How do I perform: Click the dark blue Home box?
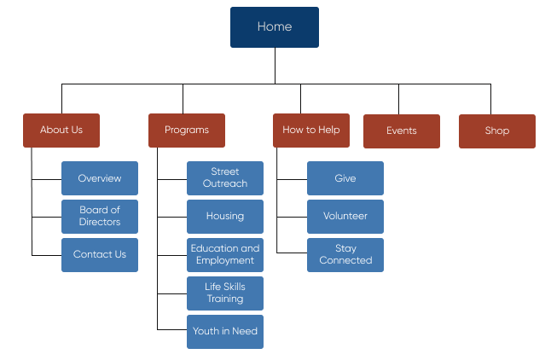(x=275, y=27)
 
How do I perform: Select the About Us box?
(x=61, y=131)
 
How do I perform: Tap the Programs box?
(x=187, y=131)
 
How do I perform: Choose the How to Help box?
(x=311, y=131)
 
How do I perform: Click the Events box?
(x=402, y=131)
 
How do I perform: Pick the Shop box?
(x=497, y=131)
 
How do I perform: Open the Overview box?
(x=100, y=178)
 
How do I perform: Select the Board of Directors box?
(x=100, y=217)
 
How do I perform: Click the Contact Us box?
(x=100, y=255)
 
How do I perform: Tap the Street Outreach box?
(x=225, y=178)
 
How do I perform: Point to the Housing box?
(x=225, y=217)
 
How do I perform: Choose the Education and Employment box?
(x=225, y=255)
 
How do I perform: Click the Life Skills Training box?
(x=225, y=293)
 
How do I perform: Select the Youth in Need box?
(x=225, y=332)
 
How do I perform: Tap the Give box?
(x=345, y=178)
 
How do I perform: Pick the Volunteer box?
(x=345, y=217)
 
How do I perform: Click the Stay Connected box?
(x=345, y=255)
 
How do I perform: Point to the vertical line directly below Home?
(x=275, y=66)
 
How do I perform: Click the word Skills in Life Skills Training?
(x=235, y=287)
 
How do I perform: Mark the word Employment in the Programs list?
(x=225, y=261)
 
